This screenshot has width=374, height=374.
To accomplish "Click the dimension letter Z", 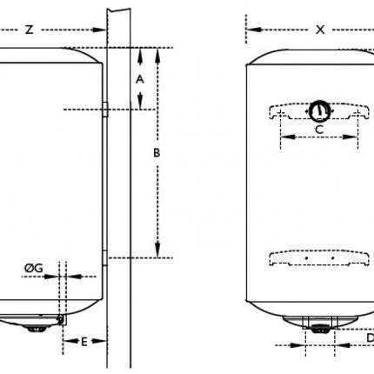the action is point(29,30).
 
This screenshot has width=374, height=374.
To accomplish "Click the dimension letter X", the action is point(320,30).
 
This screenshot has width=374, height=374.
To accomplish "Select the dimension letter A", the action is point(140,79).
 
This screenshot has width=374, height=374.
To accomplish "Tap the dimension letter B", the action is point(157,152).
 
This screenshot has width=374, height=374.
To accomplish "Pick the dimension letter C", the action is point(319,130).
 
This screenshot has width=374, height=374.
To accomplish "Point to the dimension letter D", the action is point(371,337).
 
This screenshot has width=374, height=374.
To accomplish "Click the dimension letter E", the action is point(84,342).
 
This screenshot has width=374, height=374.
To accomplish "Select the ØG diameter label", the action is point(34,268).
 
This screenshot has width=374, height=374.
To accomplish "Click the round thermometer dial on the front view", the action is point(319,110).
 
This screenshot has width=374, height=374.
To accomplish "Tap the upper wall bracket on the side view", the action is point(105,110).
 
